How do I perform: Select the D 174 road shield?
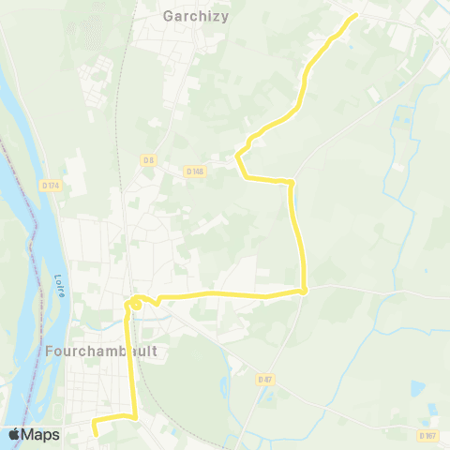click(x=50, y=186)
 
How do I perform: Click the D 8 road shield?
click(x=148, y=160)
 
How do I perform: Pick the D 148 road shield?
click(x=195, y=171)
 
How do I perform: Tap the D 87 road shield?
click(x=265, y=379)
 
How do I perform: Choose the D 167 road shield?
click(x=427, y=436)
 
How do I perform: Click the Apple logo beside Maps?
click(x=15, y=434)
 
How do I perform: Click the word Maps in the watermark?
click(x=42, y=435)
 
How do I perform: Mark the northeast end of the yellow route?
click(x=356, y=16)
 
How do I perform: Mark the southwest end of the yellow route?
click(x=95, y=432)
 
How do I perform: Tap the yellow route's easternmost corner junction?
click(x=306, y=292)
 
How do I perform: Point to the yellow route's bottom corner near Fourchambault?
click(x=135, y=415)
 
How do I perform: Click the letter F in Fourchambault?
click(x=47, y=351)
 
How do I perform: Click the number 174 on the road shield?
click(x=53, y=186)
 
